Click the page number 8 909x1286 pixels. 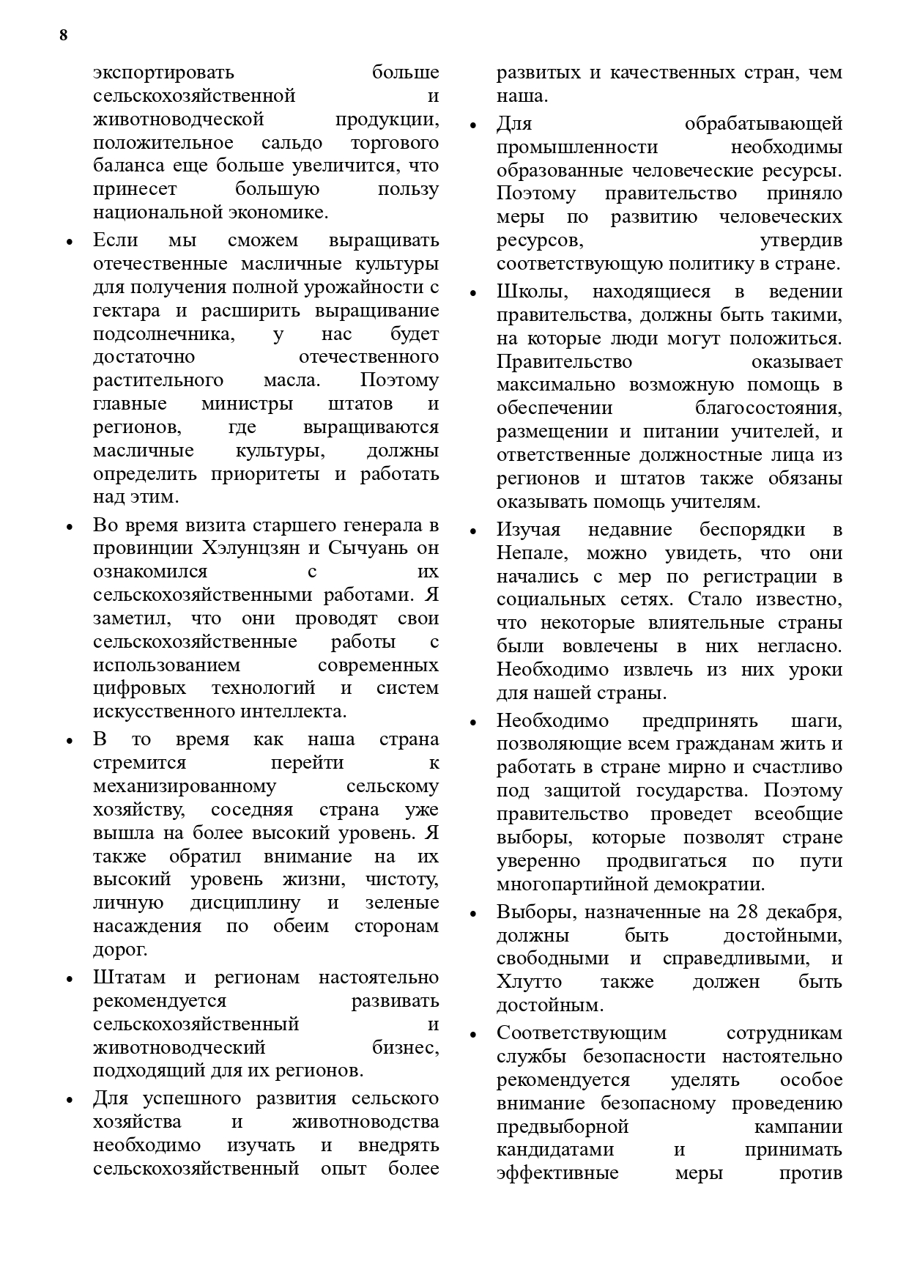click(64, 35)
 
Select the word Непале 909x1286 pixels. click(526, 553)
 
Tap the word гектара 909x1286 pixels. click(127, 311)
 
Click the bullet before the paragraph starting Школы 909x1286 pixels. click(473, 293)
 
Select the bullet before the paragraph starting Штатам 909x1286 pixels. click(70, 979)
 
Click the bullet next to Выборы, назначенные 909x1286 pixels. click(473, 914)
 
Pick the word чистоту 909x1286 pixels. click(401, 879)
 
